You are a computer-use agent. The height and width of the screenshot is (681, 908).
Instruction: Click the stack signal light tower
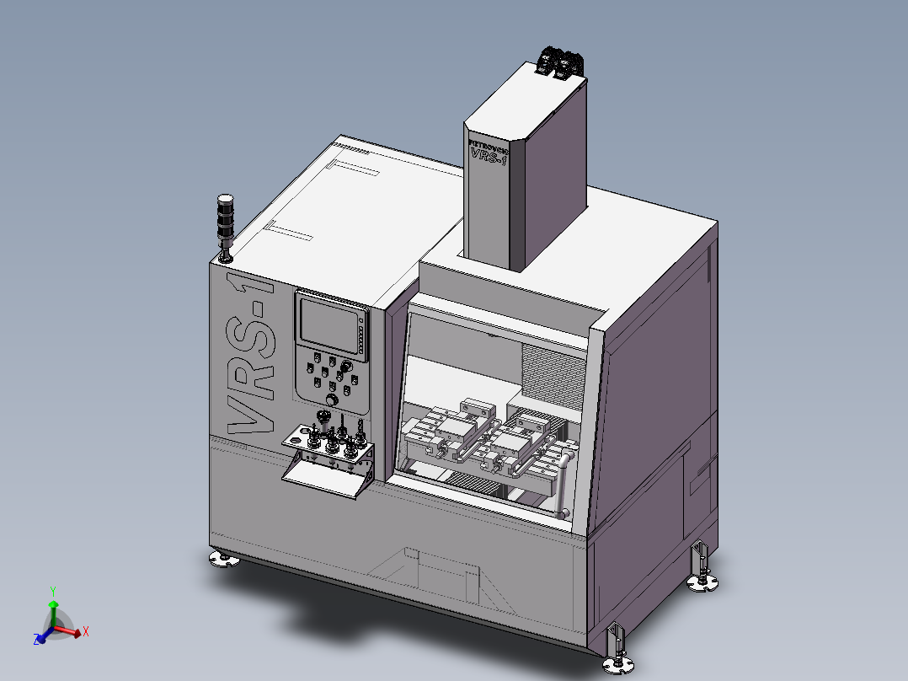click(225, 220)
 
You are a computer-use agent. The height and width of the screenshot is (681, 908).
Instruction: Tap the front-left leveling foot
click(223, 559)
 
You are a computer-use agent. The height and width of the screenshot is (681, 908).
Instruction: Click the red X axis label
click(86, 630)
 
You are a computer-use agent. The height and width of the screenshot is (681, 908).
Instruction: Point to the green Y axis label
click(52, 591)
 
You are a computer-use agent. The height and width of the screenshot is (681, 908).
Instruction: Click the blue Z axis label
click(38, 641)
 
